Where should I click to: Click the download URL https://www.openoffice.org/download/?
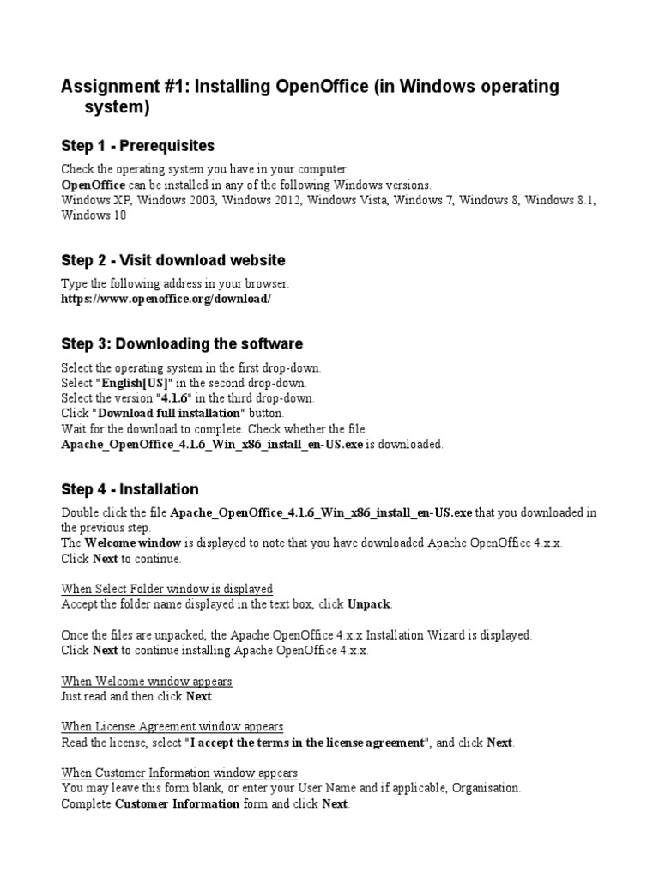(166, 299)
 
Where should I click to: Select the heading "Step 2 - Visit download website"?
(173, 259)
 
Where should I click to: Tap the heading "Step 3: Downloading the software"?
(182, 343)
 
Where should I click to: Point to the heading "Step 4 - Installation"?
(130, 489)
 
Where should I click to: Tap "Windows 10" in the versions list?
(94, 215)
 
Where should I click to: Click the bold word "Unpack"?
(369, 603)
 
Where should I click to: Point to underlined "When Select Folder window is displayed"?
(167, 589)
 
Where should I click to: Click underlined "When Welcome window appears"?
(147, 681)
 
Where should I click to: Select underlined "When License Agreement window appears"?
(172, 727)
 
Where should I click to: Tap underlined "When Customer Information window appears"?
(179, 773)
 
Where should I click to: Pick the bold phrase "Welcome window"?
(132, 543)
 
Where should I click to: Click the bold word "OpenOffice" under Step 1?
(94, 185)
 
